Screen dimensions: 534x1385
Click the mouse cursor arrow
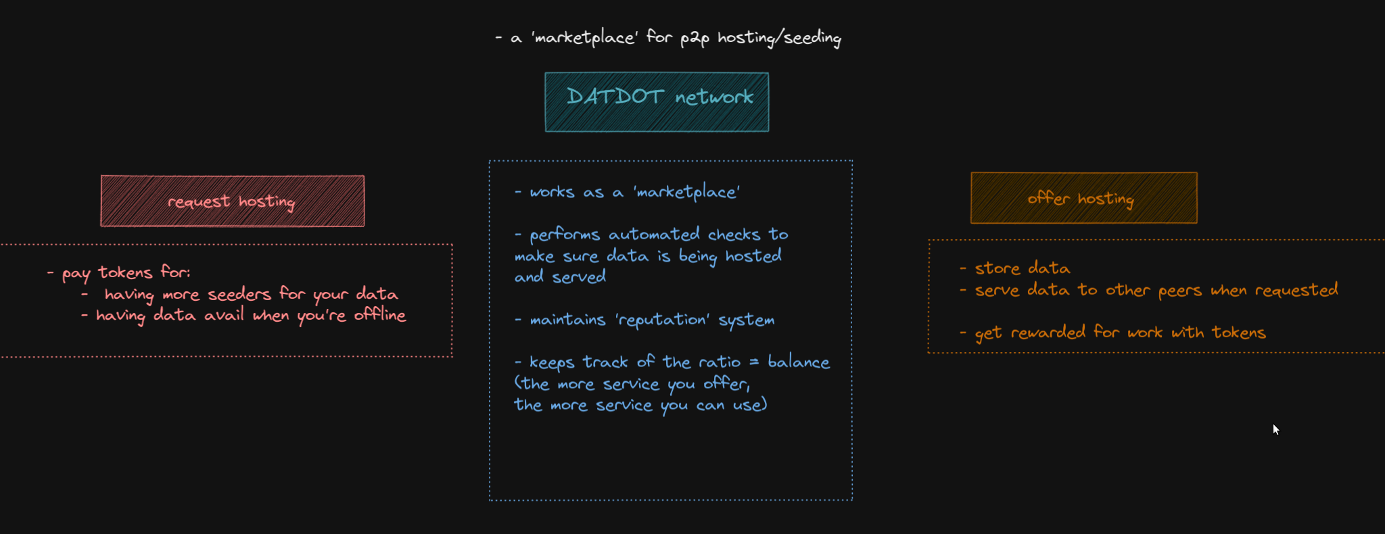coord(1275,429)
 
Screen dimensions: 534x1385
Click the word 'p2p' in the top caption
coord(695,38)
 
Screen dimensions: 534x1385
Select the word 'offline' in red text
coord(379,315)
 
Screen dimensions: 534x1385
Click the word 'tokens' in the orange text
coord(1238,333)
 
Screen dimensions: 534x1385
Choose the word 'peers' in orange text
coord(1179,291)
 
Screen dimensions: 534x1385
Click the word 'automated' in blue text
coord(654,235)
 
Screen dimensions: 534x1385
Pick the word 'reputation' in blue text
coord(662,320)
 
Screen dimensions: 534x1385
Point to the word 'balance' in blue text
coord(799,362)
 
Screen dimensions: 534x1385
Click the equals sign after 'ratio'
coord(754,362)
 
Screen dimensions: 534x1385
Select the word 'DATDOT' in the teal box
coord(615,97)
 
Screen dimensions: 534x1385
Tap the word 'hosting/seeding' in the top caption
coord(779,38)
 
